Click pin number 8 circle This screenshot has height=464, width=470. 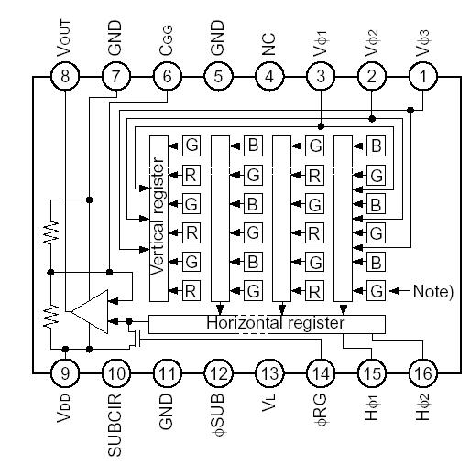(65, 78)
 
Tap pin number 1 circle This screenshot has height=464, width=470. (422, 78)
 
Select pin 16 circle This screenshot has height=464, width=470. (422, 373)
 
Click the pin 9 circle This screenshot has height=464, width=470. (65, 373)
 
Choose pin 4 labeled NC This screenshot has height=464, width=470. (268, 78)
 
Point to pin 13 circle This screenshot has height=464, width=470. (268, 373)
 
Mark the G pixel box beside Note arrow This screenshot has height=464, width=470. (376, 291)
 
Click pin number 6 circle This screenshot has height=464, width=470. (167, 78)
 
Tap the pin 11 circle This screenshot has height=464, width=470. (167, 373)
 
